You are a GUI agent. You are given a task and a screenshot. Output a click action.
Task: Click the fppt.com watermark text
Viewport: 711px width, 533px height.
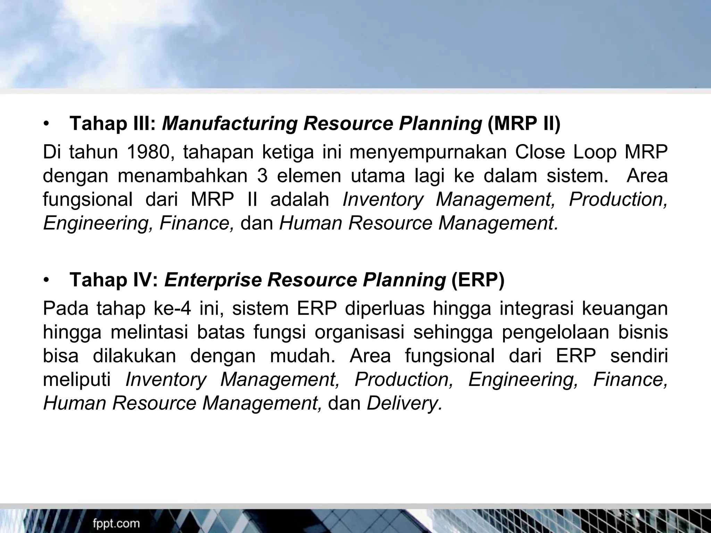tap(116, 523)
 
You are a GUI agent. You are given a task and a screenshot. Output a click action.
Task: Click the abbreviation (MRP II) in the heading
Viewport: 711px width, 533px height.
tap(524, 124)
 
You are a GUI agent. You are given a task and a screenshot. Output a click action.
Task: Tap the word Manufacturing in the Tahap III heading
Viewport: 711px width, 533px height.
tap(229, 124)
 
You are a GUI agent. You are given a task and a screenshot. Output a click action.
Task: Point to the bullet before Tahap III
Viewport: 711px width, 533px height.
tap(47, 124)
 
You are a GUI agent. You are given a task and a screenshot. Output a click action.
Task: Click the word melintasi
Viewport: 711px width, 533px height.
tap(149, 332)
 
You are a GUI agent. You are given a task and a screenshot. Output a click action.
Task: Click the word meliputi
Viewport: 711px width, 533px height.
tap(77, 380)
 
